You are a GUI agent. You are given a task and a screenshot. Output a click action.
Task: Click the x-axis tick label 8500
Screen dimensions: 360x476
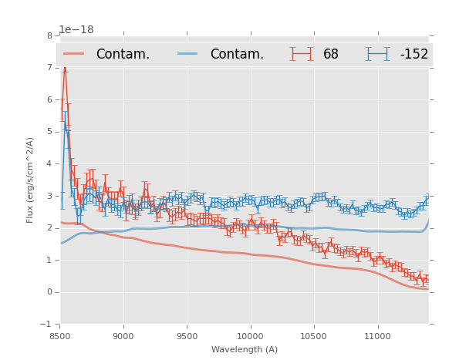[x=59, y=335]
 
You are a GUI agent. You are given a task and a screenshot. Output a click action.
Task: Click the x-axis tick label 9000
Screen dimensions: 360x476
[x=123, y=335]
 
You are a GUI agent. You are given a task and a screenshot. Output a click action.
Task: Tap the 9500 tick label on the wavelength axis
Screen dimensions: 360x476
[x=187, y=335]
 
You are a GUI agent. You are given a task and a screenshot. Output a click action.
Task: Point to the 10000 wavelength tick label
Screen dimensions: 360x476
[x=250, y=335]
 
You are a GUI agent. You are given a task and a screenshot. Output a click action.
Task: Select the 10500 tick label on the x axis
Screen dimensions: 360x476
[x=314, y=335]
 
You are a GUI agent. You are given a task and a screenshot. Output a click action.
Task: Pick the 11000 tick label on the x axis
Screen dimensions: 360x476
[x=378, y=335]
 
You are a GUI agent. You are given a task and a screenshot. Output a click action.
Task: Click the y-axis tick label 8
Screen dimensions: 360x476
[x=49, y=35]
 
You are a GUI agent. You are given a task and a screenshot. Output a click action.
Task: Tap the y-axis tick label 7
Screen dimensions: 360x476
[x=49, y=68]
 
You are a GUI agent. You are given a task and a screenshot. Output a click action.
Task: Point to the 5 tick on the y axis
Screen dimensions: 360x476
[x=49, y=132]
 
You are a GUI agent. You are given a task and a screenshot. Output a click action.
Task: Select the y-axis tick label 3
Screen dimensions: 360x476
[x=49, y=196]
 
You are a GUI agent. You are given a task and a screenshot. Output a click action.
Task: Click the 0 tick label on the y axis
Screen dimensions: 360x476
[x=49, y=292]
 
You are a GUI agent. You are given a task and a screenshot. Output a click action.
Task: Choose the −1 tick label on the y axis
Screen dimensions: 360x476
[x=47, y=324]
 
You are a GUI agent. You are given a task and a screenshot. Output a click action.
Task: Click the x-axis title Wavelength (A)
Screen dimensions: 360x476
[x=245, y=349]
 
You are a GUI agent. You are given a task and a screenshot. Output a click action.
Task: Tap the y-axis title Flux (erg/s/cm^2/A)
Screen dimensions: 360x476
[x=31, y=180]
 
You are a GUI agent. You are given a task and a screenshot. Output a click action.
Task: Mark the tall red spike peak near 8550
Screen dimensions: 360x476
[x=64, y=68]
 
